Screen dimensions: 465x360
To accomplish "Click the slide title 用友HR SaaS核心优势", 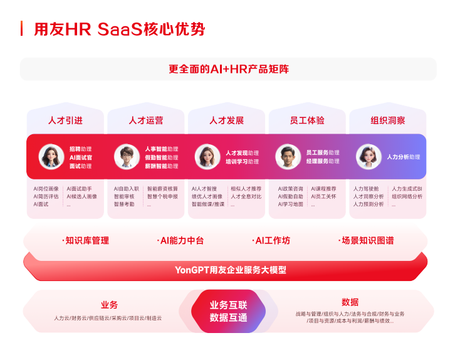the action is tap(119, 29).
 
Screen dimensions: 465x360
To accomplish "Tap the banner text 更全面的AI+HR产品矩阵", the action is tap(228, 69).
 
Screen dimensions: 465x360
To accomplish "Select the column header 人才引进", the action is tap(65, 120).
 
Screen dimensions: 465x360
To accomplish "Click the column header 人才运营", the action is tap(146, 120).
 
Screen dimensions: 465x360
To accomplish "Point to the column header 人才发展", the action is tap(226, 120).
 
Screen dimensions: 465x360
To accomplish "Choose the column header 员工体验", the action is tap(307, 120).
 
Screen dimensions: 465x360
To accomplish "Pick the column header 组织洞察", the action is tap(387, 120).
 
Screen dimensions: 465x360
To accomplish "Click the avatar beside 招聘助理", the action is tap(51, 157).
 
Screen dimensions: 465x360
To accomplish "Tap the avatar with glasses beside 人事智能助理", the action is tap(127, 157).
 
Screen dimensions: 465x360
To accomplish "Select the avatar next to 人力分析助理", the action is tap(368, 157).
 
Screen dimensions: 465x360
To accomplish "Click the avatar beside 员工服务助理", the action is tap(288, 157).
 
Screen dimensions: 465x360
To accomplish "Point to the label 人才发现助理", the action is tap(242, 152).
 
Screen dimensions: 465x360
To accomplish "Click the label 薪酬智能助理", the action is tap(161, 166).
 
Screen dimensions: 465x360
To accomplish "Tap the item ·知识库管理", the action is tap(85, 240).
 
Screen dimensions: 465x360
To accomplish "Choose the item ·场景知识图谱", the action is tap(367, 240).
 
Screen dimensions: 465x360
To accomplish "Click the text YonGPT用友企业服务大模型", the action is tap(230, 270).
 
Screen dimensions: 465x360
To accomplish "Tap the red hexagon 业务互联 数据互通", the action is tap(228, 311).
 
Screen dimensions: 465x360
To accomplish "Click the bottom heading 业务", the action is tap(109, 305).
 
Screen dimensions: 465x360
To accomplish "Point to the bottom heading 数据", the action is tap(350, 302).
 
